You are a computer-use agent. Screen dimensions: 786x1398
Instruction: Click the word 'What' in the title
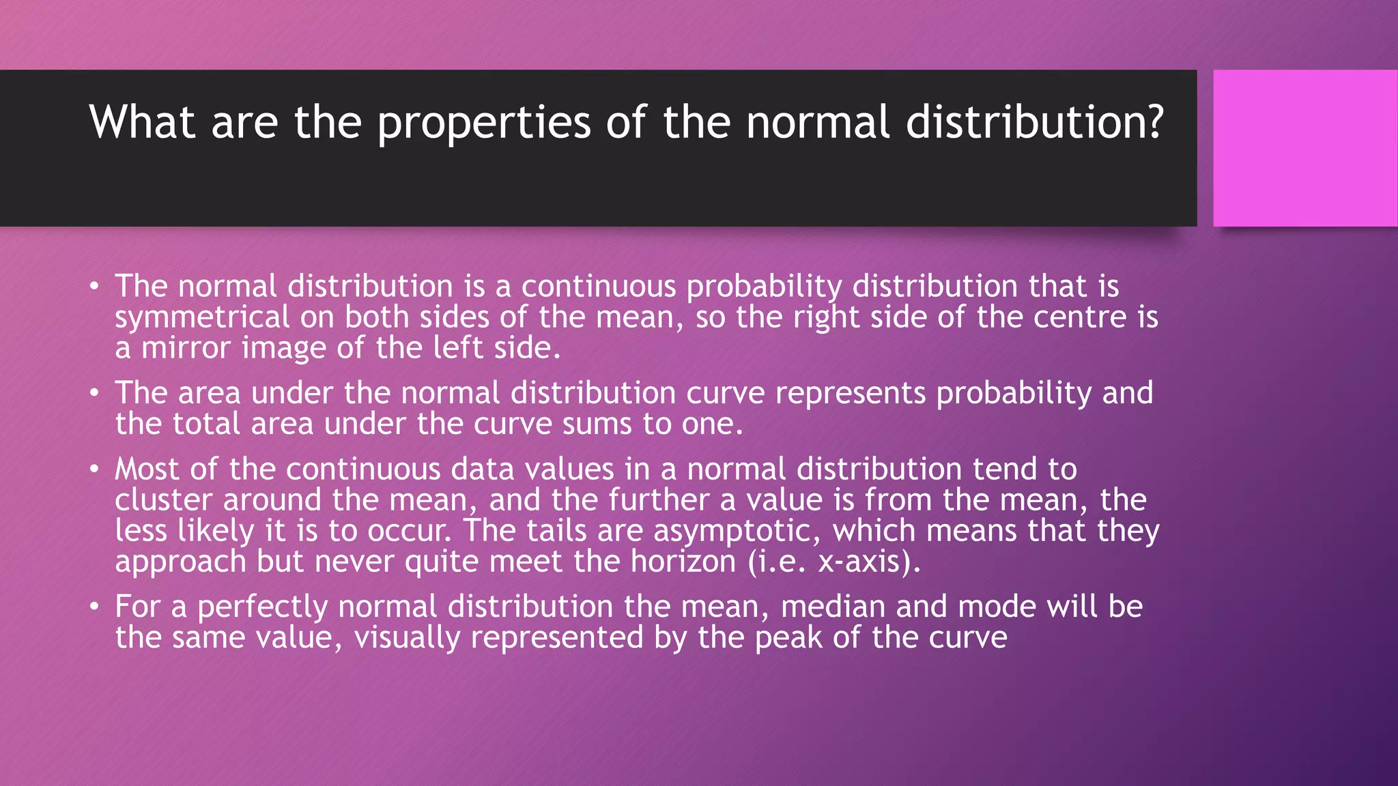click(x=142, y=123)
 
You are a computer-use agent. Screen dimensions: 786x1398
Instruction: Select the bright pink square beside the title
click(x=1304, y=148)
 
